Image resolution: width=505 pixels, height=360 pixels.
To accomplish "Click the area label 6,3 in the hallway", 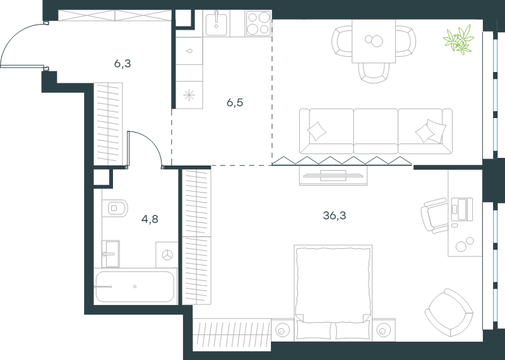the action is point(122,64).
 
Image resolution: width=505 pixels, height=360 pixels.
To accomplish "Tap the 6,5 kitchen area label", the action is point(235,103).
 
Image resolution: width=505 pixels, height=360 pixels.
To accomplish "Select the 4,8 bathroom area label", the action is point(150,219).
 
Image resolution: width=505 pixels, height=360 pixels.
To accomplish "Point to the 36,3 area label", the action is point(335,215).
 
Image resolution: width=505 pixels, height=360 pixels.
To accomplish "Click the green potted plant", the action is point(459,39).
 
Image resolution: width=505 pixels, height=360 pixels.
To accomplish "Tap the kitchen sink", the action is point(216,23).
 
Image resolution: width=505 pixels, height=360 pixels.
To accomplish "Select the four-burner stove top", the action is point(258,23).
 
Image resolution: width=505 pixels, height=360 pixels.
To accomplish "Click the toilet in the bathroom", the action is point(115,208).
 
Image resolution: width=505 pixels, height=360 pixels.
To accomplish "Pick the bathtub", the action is point(136,287).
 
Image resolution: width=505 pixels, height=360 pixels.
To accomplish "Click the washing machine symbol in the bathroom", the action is point(167,255).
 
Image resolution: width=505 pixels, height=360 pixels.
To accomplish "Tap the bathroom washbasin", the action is point(110,254).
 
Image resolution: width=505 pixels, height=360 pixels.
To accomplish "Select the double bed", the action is point(333,292).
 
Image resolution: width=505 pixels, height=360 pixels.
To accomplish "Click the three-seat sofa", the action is point(376,131).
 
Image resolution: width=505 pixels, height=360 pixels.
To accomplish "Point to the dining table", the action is point(374,41).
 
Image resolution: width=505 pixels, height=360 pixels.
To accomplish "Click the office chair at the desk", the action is point(434,215).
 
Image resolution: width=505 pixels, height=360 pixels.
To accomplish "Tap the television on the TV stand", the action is point(333,176).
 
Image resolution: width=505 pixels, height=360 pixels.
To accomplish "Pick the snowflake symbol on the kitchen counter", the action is point(189,95).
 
